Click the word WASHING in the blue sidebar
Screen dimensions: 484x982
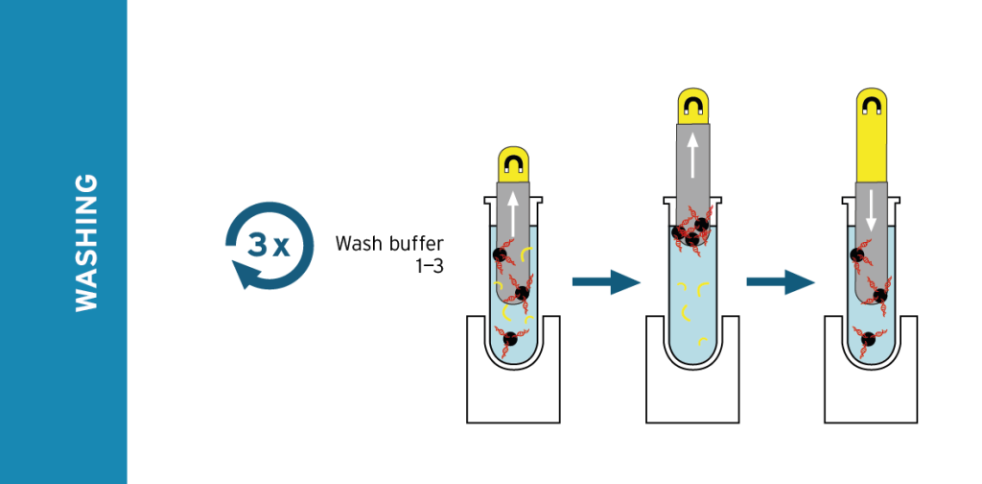(86, 242)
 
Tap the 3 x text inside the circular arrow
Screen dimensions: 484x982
(269, 245)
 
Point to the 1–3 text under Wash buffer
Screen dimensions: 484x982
(429, 267)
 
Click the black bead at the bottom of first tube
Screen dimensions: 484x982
(510, 337)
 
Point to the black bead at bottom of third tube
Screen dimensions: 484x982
(870, 338)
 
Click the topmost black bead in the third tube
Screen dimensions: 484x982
(857, 255)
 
